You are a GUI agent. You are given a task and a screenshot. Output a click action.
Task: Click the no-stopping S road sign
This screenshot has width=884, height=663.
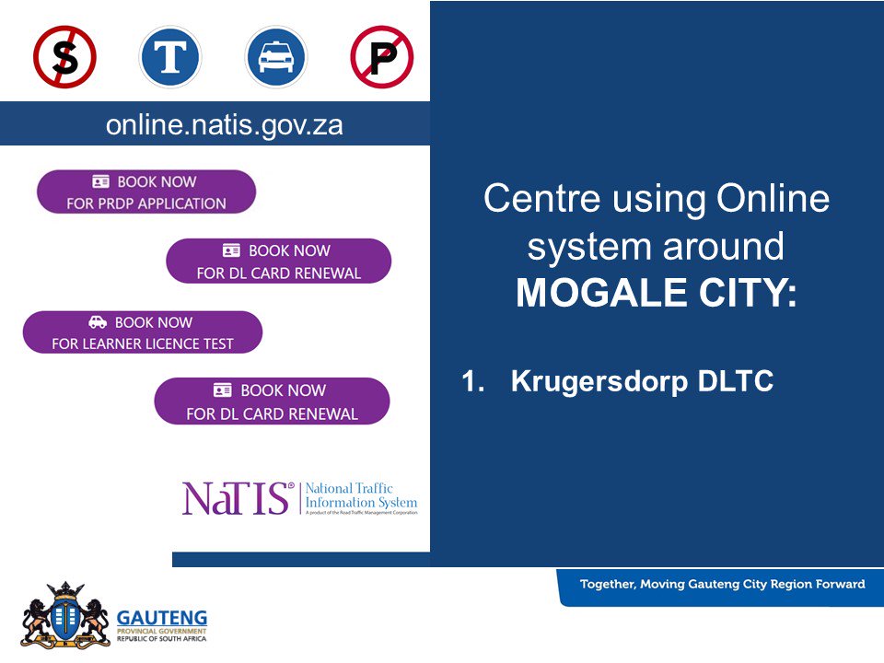coord(64,57)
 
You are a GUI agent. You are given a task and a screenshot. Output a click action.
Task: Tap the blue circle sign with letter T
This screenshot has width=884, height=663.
coord(170,57)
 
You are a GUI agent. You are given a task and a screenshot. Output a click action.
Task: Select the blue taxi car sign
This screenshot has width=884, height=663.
coord(276,57)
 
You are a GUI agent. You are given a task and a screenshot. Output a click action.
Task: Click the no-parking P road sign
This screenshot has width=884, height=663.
coord(382,57)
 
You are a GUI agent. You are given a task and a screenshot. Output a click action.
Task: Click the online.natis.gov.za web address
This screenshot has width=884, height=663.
coord(224,124)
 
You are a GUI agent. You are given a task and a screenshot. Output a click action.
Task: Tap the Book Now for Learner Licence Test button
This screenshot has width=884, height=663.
coord(143,332)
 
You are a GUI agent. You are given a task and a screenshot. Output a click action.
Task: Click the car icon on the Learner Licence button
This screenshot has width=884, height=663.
coord(98,322)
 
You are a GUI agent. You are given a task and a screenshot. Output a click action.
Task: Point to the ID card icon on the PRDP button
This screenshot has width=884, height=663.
coord(101,181)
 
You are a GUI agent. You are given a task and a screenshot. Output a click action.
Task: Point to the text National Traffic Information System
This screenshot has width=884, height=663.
coord(361,496)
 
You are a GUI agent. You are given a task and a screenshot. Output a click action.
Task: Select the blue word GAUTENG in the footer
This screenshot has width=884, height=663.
coord(162,617)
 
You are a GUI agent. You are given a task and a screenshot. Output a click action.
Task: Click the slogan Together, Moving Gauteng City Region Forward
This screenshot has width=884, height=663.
coord(722,584)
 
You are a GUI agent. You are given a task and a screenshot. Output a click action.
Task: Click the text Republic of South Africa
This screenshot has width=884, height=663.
coord(162,638)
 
